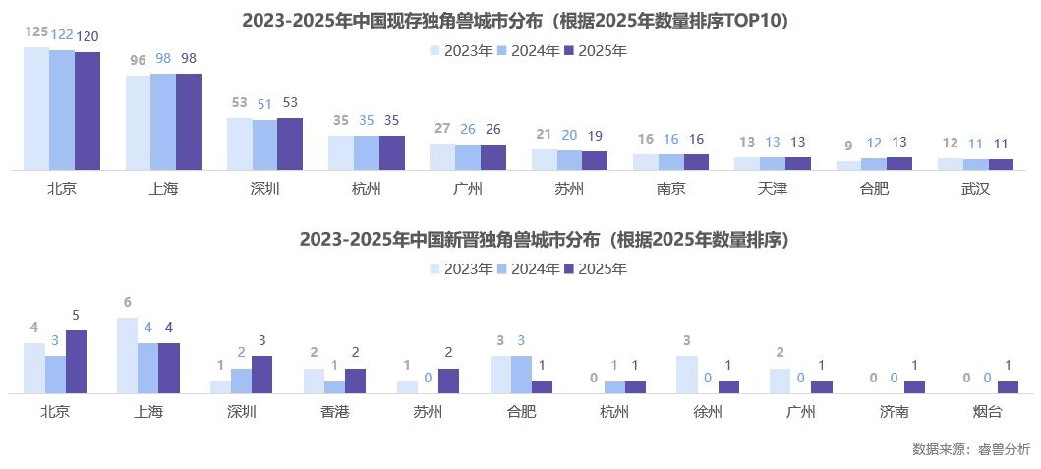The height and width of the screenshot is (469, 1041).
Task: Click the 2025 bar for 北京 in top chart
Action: [87, 111]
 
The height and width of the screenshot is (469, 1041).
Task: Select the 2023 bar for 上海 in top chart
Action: [138, 123]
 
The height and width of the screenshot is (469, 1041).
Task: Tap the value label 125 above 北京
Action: [36, 32]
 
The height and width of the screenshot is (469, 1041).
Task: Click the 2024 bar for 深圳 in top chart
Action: [264, 145]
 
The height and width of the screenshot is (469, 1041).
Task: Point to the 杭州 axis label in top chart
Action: [366, 188]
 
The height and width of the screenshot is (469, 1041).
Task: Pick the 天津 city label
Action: [772, 188]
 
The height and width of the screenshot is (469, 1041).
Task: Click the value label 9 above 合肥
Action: [848, 147]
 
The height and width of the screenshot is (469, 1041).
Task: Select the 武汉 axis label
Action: [975, 188]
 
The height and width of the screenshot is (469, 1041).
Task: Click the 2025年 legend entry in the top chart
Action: [596, 50]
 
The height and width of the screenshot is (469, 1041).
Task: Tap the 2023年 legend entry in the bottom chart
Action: [461, 268]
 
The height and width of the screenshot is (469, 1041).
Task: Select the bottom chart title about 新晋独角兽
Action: [545, 240]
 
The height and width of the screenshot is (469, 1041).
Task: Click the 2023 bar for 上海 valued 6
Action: [127, 355]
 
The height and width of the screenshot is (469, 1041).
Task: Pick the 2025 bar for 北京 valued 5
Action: [76, 362]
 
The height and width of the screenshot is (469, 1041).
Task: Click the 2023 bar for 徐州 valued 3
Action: [687, 375]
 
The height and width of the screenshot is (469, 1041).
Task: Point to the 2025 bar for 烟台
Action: [1009, 387]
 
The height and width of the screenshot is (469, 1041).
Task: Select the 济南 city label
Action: [894, 412]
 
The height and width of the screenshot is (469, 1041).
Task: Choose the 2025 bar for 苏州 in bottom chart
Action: [448, 381]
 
